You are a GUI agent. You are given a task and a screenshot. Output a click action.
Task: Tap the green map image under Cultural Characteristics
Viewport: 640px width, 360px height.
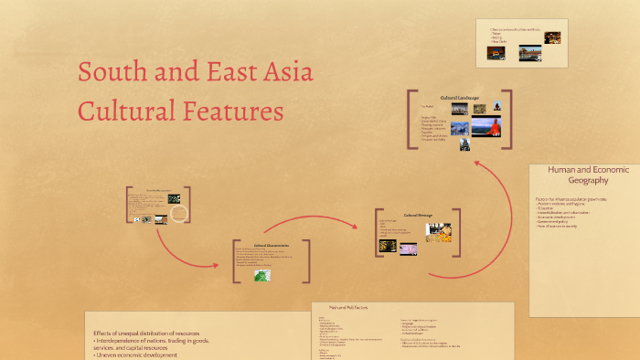pyautogui.click(x=263, y=273)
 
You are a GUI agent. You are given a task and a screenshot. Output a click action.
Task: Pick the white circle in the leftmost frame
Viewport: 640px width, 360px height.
pyautogui.click(x=180, y=213)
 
